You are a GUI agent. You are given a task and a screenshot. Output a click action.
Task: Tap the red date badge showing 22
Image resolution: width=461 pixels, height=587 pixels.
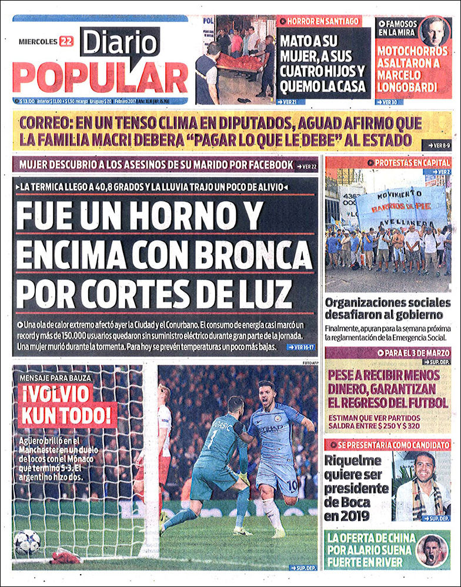(x=65, y=41)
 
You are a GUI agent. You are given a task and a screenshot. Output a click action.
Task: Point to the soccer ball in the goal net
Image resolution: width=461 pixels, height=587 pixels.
(x=27, y=542)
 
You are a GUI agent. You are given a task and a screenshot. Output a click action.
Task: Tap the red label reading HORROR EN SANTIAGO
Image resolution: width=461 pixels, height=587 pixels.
(x=318, y=21)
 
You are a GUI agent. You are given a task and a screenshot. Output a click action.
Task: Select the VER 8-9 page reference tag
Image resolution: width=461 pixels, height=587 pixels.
(x=436, y=145)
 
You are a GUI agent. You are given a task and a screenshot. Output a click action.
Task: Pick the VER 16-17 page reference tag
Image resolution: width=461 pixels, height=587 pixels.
(x=302, y=348)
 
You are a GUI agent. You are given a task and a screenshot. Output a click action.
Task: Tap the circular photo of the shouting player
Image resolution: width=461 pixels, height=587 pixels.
(x=432, y=549)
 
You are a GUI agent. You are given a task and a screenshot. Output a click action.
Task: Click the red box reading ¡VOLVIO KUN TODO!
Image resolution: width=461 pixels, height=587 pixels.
(x=66, y=405)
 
